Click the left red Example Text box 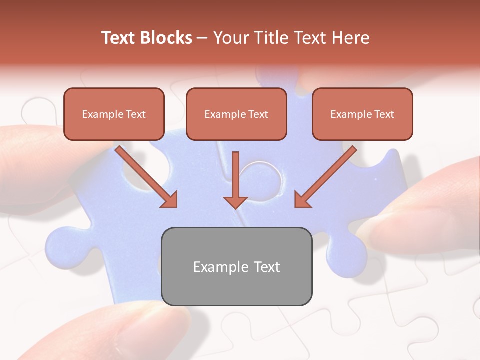114,114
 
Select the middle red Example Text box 236,114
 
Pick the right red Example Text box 362,114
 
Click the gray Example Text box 237,266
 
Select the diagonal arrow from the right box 327,175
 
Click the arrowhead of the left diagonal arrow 170,200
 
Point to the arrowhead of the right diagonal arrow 302,200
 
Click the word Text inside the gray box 266,267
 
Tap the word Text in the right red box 384,114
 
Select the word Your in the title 231,38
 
